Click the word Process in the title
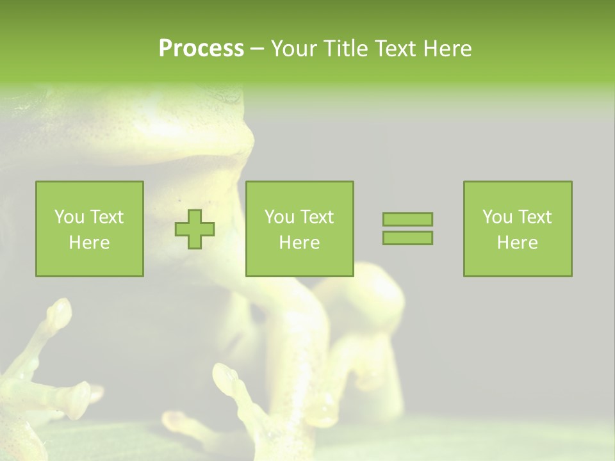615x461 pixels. pos(201,48)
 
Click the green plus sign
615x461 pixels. pos(195,229)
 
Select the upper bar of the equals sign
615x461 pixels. pos(407,219)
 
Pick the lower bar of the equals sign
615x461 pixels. pos(407,238)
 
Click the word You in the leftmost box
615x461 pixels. pos(69,217)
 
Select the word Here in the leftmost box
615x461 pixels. pos(90,243)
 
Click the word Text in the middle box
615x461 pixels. pos(316,217)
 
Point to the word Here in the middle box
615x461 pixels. pos(299,243)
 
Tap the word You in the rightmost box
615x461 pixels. pos(498,217)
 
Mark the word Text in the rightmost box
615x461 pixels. pos(534,217)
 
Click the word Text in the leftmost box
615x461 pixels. pos(106,217)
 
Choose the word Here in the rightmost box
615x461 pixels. pos(518,243)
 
